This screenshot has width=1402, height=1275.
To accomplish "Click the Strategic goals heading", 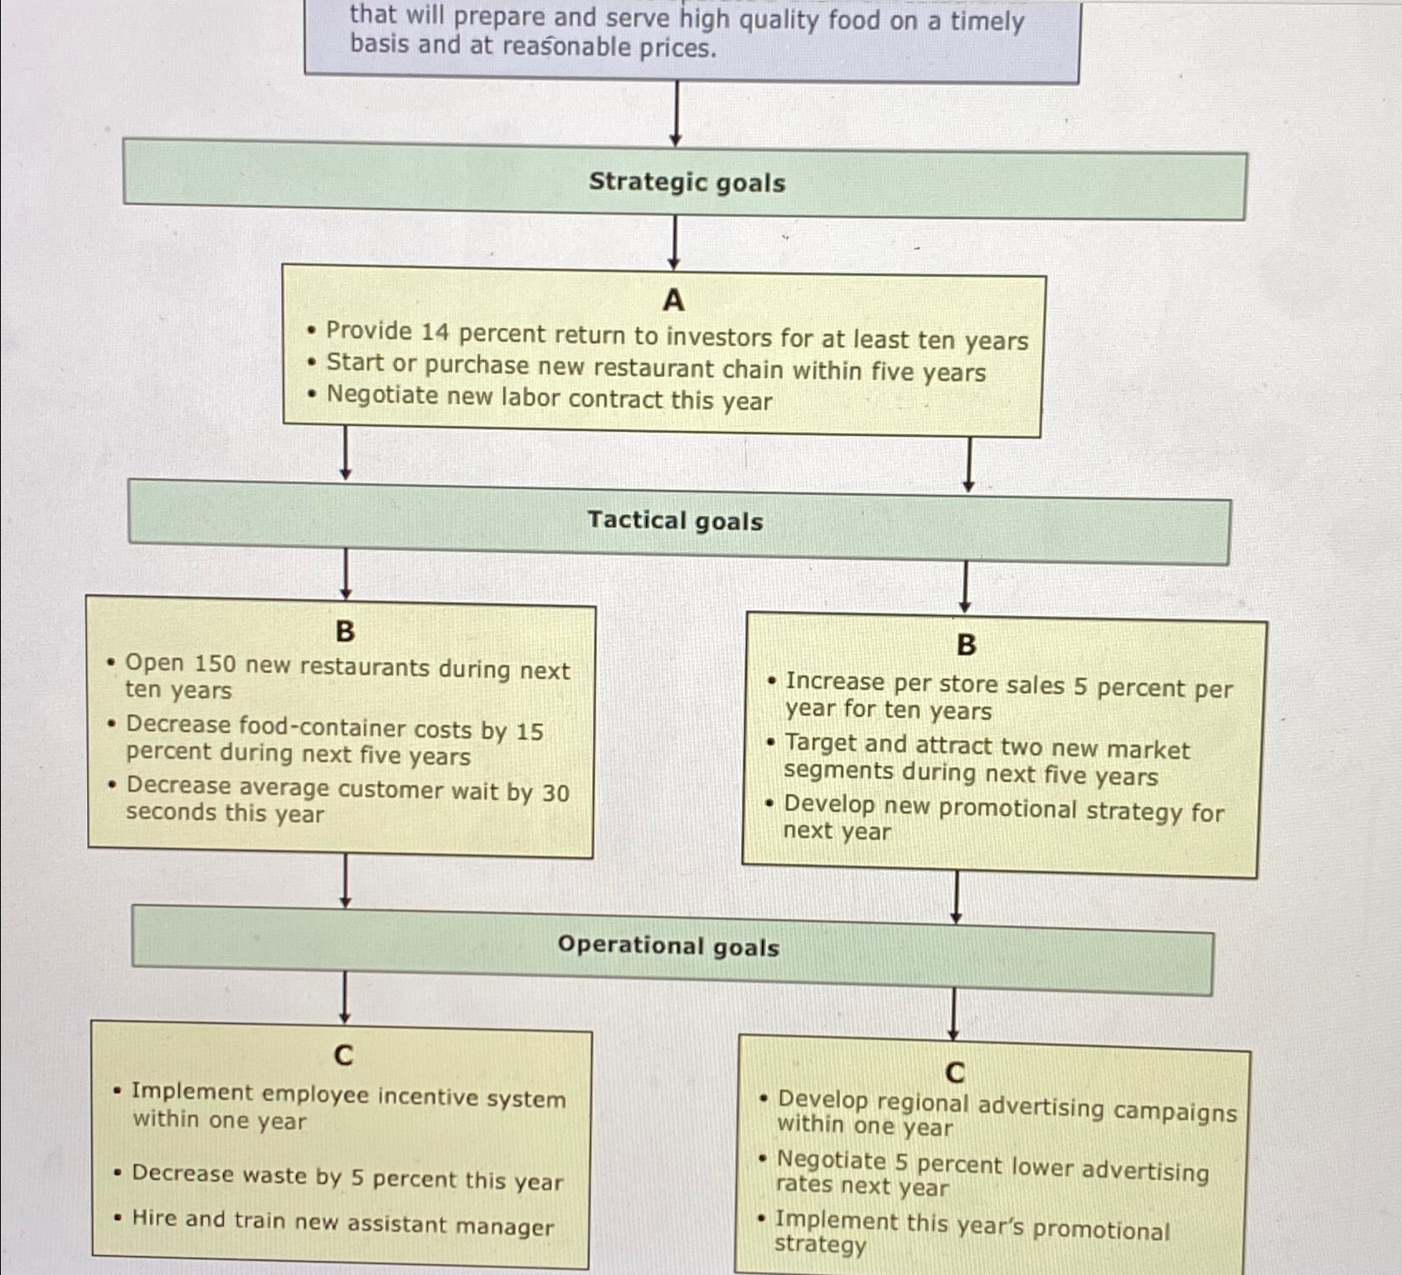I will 686,182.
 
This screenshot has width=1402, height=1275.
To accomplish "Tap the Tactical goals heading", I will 675,521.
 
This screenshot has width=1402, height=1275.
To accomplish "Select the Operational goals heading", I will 668,946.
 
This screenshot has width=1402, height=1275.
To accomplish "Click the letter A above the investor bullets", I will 673,300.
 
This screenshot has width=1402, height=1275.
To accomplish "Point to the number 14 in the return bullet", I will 434,332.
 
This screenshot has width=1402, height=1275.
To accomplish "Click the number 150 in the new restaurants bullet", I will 215,664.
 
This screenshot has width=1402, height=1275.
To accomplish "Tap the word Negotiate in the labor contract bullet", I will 382,395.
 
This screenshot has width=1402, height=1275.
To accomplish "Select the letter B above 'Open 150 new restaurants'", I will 345,632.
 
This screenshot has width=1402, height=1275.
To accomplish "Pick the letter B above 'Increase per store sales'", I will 966,645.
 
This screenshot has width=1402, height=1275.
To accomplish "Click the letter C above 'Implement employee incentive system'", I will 343,1055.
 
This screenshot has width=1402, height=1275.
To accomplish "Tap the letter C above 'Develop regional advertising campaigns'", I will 955,1073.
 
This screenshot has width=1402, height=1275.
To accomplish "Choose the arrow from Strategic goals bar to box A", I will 674,242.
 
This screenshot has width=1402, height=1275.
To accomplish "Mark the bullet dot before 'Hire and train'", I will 119,1218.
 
